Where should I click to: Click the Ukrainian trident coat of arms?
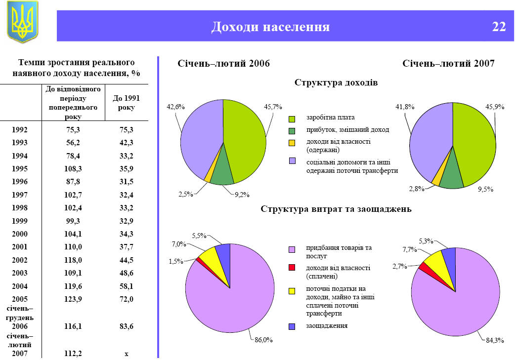22,22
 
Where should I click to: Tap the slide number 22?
499,27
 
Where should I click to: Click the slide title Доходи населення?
270,27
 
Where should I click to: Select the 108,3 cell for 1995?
73,168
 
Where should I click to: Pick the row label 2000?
20,234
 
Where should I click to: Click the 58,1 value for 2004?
127,286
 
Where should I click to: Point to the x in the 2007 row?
127,354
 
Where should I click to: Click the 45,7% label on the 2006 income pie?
273,107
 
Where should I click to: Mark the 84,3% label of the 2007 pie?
494,340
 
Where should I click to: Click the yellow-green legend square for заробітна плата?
292,119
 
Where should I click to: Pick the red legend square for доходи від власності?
292,268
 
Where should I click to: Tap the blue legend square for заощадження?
292,326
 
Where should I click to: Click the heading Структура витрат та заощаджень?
336,209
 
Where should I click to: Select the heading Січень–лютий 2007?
448,64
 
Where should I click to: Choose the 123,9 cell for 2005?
73,299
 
